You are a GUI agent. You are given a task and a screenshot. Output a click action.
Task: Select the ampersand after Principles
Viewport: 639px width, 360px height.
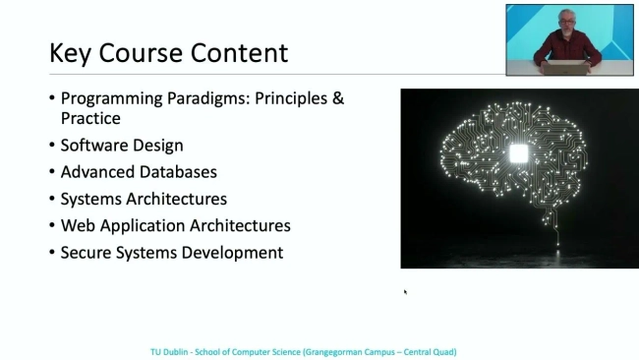337,98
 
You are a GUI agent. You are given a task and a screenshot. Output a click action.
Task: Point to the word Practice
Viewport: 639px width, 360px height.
90,118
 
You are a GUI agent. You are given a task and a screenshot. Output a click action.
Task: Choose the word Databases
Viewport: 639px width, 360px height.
179,172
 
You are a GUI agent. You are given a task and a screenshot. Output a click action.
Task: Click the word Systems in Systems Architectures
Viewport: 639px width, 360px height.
92,199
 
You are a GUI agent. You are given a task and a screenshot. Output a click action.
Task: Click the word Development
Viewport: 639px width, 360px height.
234,253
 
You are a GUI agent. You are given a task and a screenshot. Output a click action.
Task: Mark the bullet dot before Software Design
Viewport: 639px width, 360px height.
52,146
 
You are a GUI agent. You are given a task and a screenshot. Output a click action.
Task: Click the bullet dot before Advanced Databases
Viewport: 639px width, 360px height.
52,172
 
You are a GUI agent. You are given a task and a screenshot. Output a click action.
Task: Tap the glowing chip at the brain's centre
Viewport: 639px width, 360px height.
518,154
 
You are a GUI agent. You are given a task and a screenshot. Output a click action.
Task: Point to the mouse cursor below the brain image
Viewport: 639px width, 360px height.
405,291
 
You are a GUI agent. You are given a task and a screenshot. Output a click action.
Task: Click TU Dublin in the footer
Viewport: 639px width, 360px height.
169,351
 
